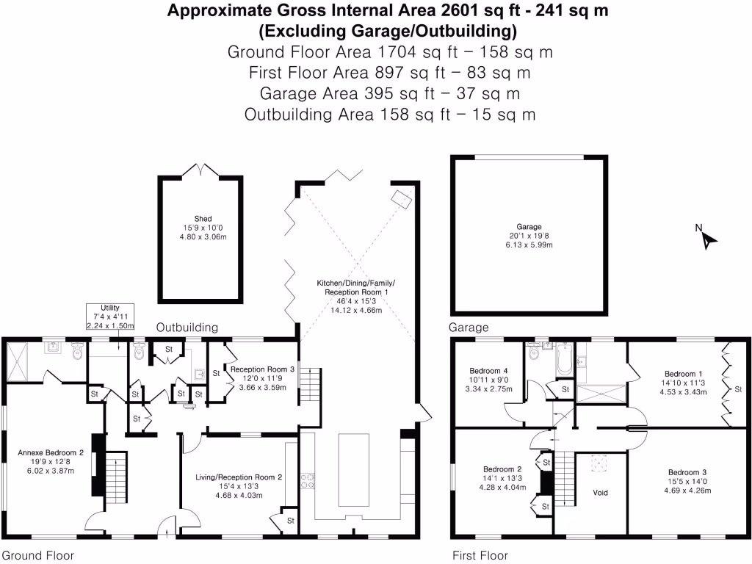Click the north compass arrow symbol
click(706, 239)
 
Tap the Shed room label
click(203, 219)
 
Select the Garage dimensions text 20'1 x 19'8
click(529, 236)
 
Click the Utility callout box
click(110, 317)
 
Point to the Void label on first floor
click(600, 492)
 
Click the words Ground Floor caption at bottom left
click(37, 555)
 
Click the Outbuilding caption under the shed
click(187, 328)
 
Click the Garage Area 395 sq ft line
click(389, 93)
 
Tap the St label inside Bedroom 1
click(738, 390)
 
